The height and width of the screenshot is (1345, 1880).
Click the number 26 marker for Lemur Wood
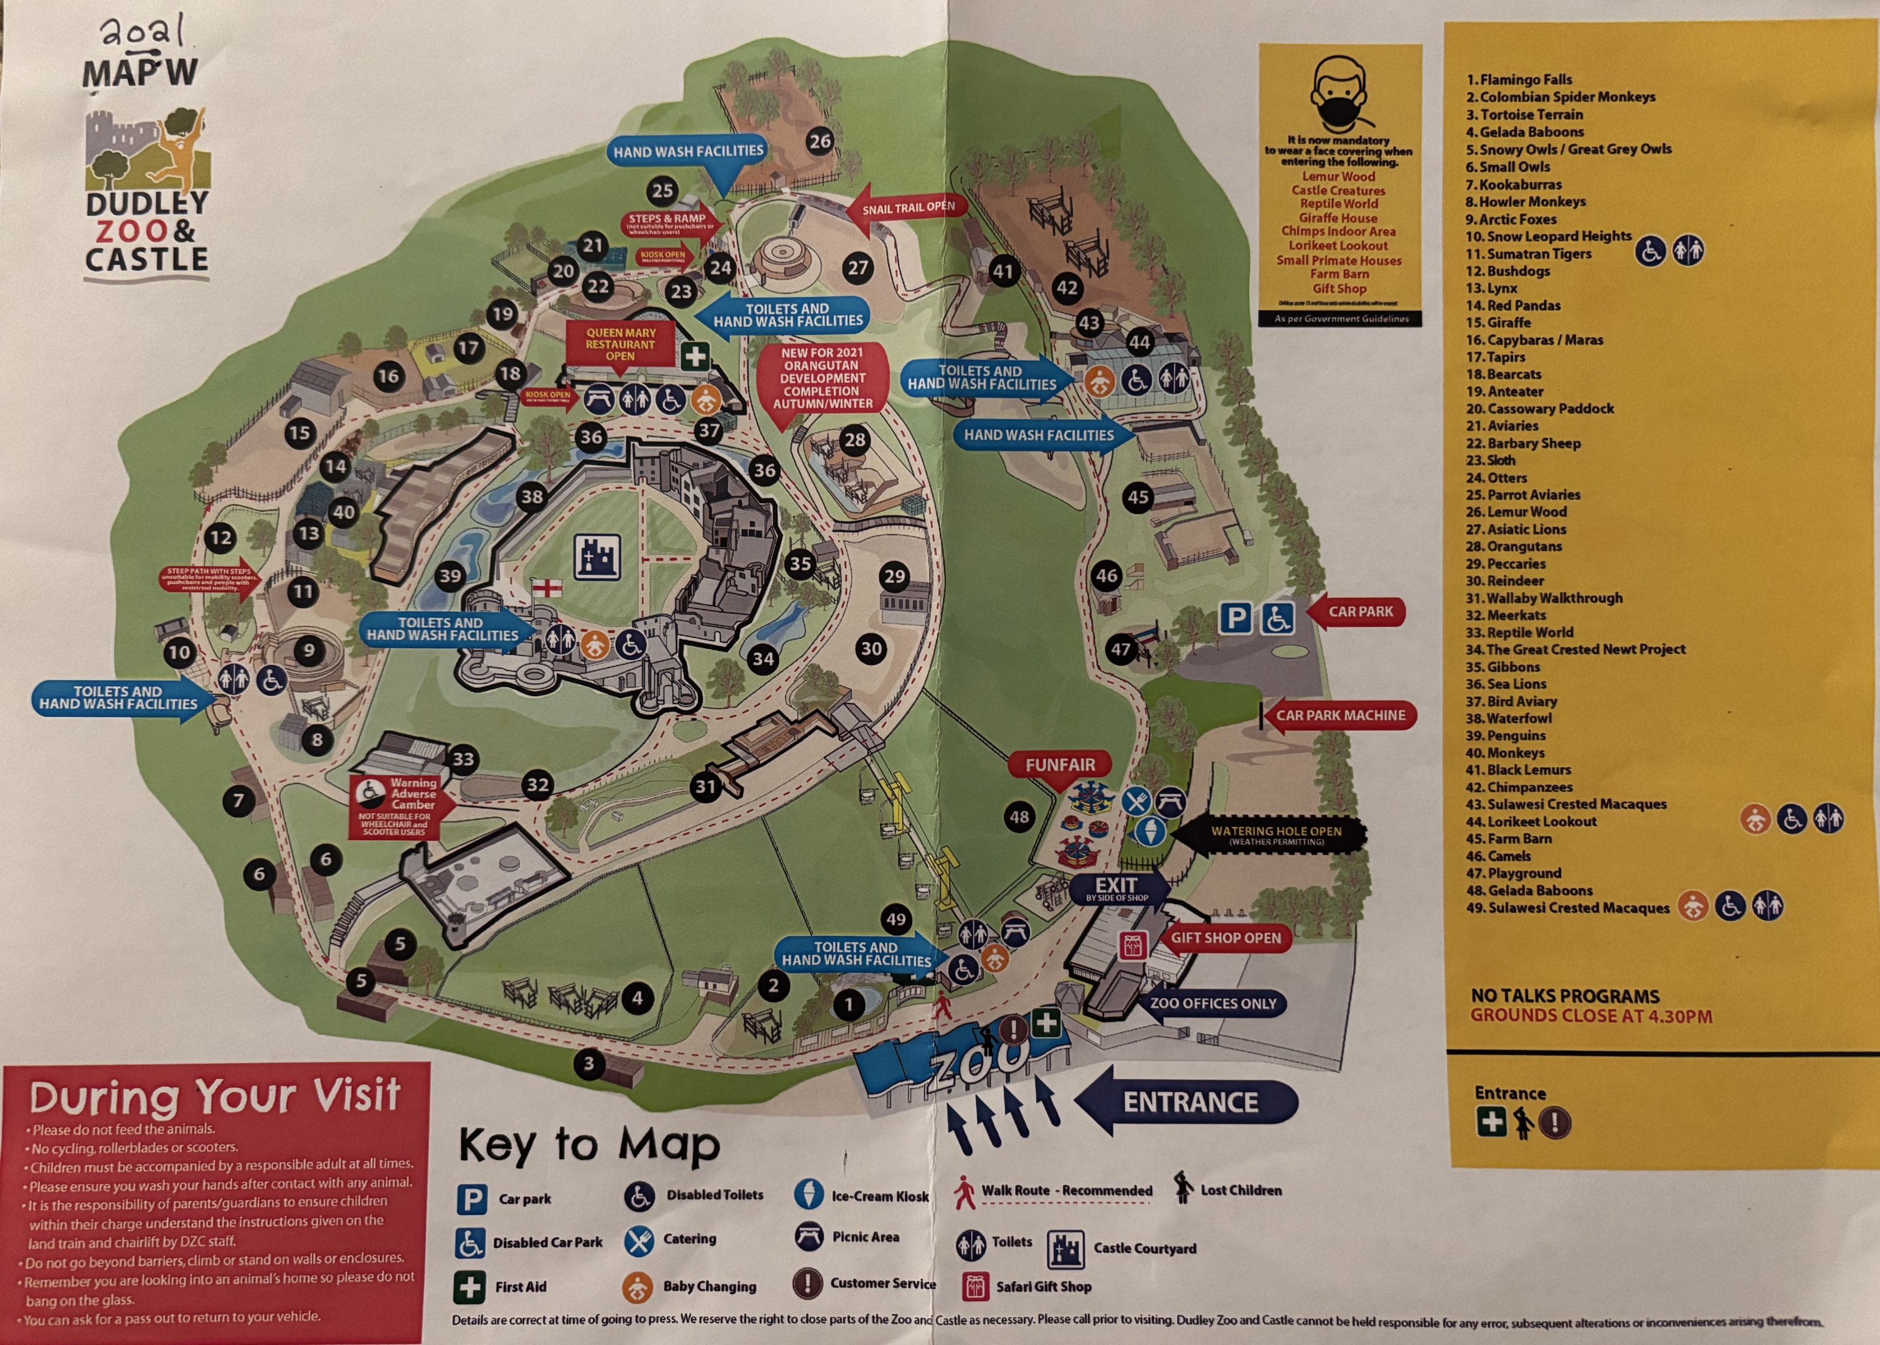click(820, 141)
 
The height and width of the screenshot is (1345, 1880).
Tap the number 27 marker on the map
click(858, 268)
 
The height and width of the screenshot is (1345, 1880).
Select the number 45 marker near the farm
click(1138, 497)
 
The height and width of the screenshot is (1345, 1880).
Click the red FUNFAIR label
click(1060, 765)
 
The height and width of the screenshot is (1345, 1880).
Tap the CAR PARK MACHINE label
click(1340, 715)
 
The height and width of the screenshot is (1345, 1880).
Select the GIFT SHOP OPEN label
click(1226, 938)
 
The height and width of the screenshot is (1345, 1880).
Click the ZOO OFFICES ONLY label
click(1212, 1004)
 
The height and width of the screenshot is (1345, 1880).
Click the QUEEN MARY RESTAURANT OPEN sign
click(620, 344)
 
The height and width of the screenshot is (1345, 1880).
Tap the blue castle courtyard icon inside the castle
click(597, 555)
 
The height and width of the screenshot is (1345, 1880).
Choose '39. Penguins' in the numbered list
click(1505, 735)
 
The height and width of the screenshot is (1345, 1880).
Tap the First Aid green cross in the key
click(470, 1287)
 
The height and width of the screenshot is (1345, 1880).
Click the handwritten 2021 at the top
click(143, 33)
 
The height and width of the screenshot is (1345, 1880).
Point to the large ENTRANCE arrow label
click(1189, 1102)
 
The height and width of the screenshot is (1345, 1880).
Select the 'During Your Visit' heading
click(215, 1096)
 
